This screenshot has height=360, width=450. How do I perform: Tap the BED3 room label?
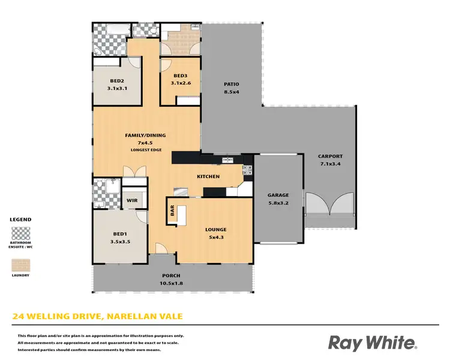(x=181, y=76)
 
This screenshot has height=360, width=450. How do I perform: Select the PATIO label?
(x=232, y=85)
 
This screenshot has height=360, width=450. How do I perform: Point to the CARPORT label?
(x=330, y=157)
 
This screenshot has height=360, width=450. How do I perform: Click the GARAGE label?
(x=278, y=195)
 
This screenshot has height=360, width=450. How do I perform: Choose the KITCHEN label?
(x=208, y=176)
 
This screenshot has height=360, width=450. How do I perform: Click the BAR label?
(x=172, y=211)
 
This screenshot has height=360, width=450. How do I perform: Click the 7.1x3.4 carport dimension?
(x=330, y=164)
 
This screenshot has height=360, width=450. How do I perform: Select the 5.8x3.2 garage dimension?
(x=278, y=202)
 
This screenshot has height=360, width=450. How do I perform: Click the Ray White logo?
(x=372, y=342)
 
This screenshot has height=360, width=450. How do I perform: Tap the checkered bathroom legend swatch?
(x=20, y=232)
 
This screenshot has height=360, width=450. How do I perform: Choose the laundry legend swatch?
(x=20, y=265)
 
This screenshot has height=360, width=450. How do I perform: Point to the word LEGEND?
(x=20, y=220)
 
